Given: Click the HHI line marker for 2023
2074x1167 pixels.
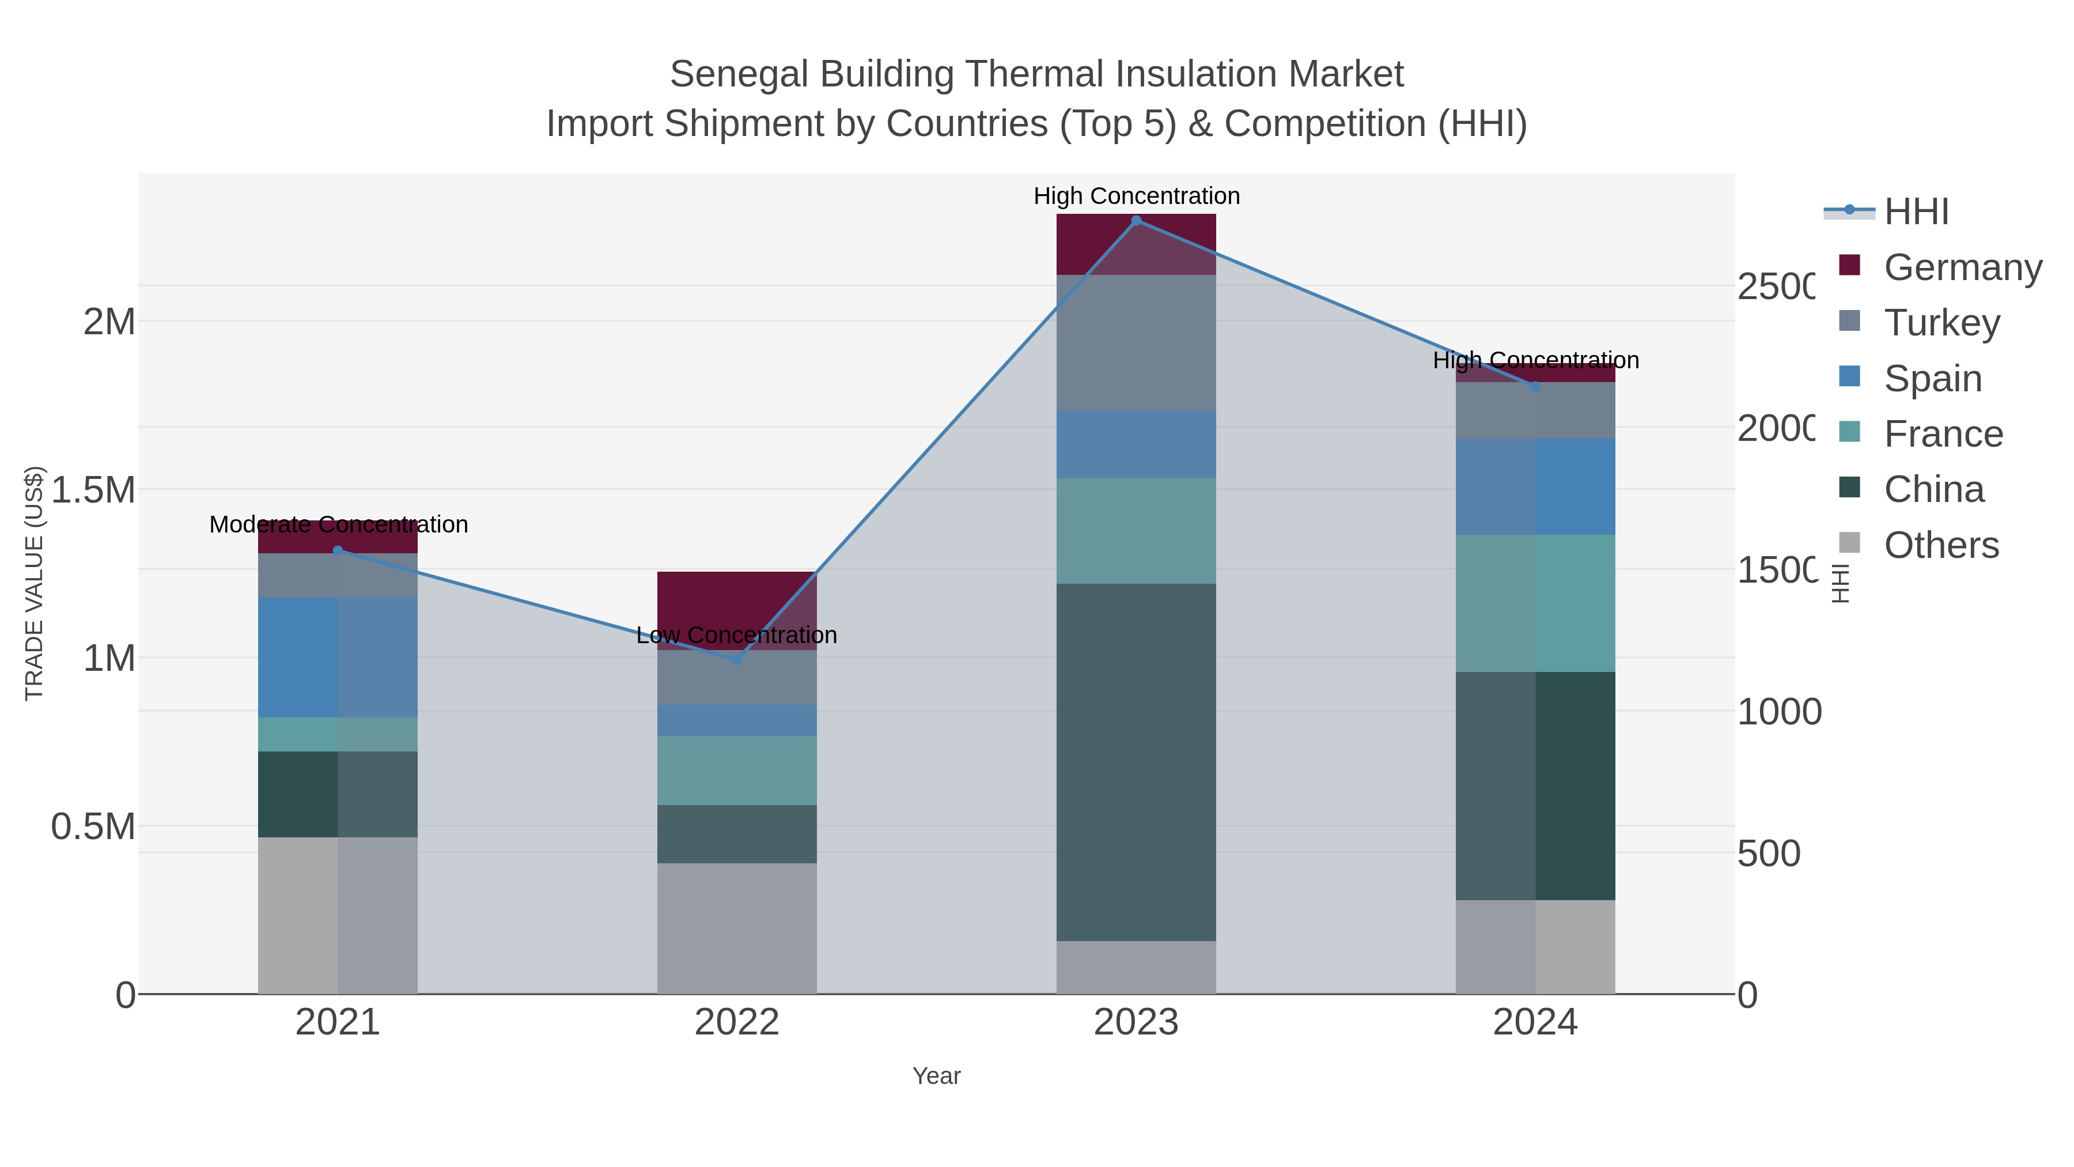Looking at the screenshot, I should click(1136, 220).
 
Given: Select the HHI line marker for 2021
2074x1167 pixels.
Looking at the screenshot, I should click(338, 551).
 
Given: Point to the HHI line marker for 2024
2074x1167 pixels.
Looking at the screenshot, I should click(1535, 387).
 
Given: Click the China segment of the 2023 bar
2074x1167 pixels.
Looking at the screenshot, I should click(1136, 761).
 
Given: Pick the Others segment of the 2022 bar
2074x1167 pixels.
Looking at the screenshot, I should click(737, 928).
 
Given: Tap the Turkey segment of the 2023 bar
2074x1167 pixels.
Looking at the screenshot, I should click(1136, 342).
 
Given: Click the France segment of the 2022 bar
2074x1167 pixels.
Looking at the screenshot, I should click(737, 770).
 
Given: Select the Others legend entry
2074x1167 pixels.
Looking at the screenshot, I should click(1941, 545).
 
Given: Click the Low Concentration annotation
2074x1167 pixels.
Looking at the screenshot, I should click(737, 636).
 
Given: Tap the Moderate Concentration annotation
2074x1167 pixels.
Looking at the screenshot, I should click(338, 524).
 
